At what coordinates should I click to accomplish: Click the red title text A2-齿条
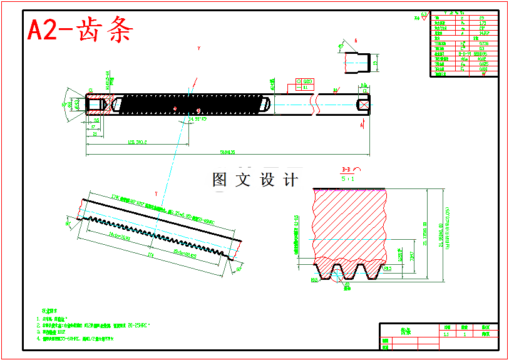tap(80, 29)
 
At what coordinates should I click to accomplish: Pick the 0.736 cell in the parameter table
tap(483, 44)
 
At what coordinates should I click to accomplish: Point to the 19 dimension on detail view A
tap(376, 63)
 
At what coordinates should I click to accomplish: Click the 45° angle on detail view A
tap(341, 46)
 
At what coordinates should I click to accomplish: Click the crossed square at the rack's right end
tap(362, 105)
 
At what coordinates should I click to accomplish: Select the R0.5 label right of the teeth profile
tap(388, 269)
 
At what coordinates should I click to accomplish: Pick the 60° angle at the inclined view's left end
tap(68, 222)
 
